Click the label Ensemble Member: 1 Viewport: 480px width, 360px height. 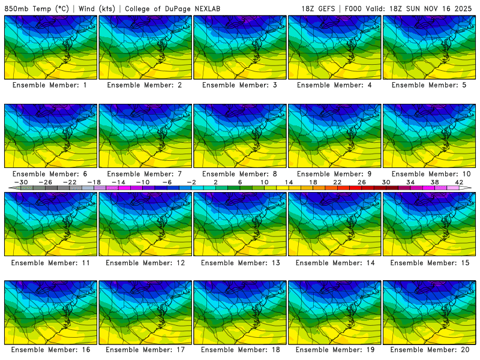pyautogui.click(x=50, y=85)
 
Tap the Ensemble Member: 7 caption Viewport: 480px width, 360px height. pyautogui.click(x=145, y=174)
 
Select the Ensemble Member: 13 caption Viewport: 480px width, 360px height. pyautogui.click(x=240, y=263)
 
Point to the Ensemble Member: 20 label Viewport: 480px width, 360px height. pyautogui.click(x=430, y=349)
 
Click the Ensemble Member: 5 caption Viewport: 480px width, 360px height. pyautogui.click(x=430, y=85)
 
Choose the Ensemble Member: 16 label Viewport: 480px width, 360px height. pyautogui.click(x=50, y=349)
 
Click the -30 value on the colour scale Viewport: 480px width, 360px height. pyautogui.click(x=21, y=182)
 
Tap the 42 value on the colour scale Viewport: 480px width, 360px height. pyautogui.click(x=458, y=182)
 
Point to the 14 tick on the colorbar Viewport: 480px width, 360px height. pyautogui.click(x=288, y=182)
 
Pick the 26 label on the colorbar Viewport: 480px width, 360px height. pyautogui.click(x=361, y=182)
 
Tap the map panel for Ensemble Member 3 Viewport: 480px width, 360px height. pyautogui.click(x=240, y=47)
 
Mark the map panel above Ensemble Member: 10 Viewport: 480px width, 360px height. pyautogui.click(x=430, y=136)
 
